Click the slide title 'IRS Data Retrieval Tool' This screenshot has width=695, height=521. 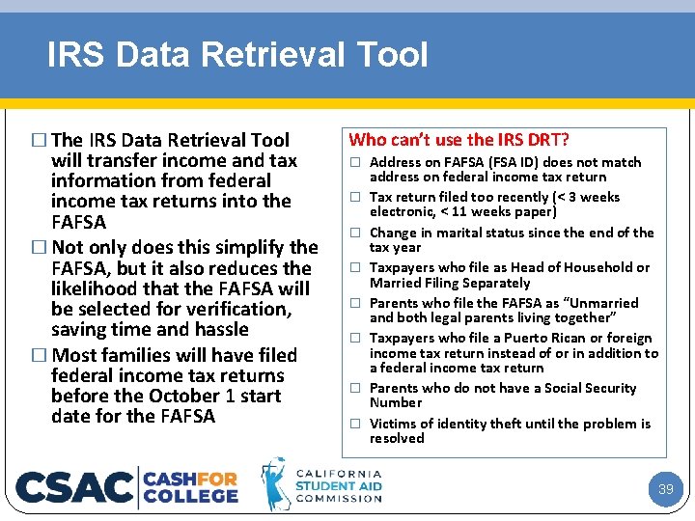236,54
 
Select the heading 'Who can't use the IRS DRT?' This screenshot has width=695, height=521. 459,140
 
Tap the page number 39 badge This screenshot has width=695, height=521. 665,489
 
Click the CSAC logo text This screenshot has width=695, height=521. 75,487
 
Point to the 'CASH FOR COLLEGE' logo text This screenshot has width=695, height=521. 191,486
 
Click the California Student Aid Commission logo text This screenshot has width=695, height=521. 338,485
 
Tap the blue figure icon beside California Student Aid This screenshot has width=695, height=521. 276,484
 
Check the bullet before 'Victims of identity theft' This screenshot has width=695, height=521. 355,424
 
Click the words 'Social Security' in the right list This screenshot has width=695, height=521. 589,388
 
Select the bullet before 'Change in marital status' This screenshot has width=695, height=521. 355,233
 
